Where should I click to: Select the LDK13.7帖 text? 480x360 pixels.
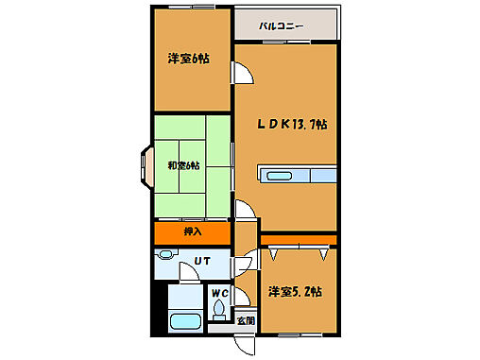(x=293, y=124)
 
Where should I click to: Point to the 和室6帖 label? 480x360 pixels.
(x=183, y=166)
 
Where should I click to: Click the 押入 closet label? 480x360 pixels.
(x=191, y=231)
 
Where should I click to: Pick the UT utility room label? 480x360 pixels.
(x=202, y=261)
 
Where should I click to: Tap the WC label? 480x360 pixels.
(x=219, y=293)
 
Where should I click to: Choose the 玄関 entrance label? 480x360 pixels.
(x=245, y=320)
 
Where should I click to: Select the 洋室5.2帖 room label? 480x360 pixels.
(x=296, y=292)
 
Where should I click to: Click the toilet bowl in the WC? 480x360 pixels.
(x=221, y=309)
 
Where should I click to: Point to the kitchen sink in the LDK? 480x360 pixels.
(x=280, y=176)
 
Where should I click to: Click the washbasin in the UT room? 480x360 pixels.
(x=166, y=255)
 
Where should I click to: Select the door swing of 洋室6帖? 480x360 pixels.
(x=242, y=74)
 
